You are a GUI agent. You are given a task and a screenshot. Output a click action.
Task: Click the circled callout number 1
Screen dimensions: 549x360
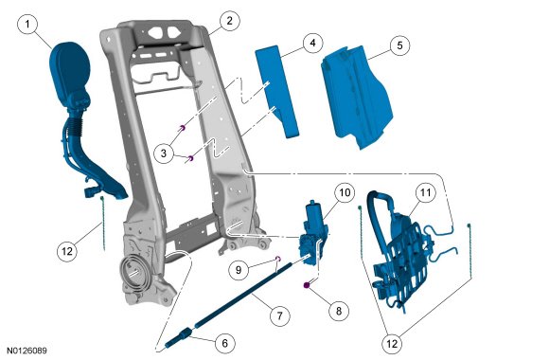pos(27,25)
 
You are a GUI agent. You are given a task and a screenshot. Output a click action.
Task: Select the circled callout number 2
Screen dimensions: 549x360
pos(229,21)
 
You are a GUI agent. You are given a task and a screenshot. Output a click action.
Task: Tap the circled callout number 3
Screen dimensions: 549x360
pos(164,153)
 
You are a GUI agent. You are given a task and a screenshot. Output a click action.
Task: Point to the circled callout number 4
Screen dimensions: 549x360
pos(312,43)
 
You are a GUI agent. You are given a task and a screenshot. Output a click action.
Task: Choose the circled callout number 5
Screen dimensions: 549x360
pos(399,45)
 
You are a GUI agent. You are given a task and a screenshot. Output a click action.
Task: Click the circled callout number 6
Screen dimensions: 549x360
pos(224,343)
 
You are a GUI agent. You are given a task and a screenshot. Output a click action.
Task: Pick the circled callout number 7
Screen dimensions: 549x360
pos(279,315)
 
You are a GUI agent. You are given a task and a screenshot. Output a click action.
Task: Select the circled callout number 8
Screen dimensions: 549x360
pos(339,311)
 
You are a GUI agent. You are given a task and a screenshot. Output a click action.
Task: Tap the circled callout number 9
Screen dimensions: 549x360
pos(239,270)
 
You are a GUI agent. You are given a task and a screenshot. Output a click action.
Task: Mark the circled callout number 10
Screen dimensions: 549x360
pos(345,192)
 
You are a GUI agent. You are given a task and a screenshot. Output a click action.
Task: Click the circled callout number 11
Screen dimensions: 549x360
pos(425,192)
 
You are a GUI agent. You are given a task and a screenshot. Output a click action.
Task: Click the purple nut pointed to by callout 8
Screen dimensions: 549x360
pos(307,285)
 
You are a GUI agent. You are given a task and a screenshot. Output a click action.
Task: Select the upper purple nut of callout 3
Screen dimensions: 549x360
pos(182,128)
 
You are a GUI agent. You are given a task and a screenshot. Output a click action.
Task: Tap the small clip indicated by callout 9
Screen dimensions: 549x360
pos(278,259)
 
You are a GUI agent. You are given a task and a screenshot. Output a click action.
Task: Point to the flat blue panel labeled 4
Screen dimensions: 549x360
pos(277,92)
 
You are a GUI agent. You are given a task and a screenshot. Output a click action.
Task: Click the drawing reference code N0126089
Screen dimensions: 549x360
pos(27,351)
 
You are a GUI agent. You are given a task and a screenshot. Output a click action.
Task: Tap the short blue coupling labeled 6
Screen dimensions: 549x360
pos(179,338)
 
